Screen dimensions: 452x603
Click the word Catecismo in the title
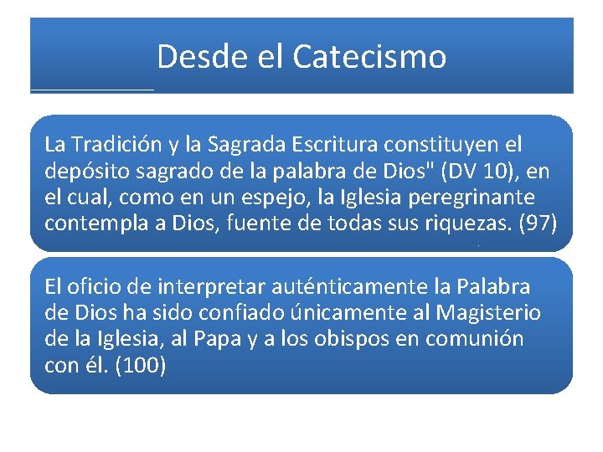369,57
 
